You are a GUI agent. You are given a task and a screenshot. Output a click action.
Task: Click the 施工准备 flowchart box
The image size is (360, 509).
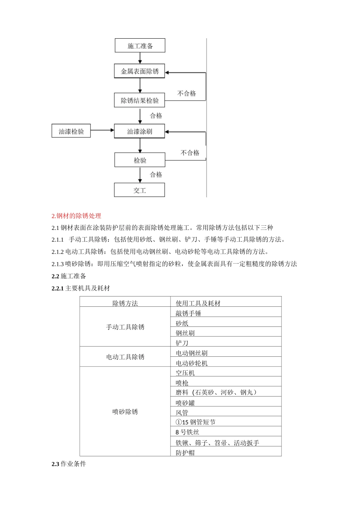pyautogui.click(x=140, y=46)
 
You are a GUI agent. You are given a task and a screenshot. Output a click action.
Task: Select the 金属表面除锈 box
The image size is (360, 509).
pyautogui.click(x=139, y=71)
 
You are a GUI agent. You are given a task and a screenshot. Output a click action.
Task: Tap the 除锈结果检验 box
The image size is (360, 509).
pyautogui.click(x=139, y=100)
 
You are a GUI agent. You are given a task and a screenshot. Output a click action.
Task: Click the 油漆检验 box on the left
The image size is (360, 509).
pyautogui.click(x=71, y=131)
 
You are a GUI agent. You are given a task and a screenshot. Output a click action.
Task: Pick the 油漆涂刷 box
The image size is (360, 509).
pyautogui.click(x=139, y=131)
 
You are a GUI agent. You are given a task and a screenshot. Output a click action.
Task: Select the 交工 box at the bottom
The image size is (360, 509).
pyautogui.click(x=139, y=190)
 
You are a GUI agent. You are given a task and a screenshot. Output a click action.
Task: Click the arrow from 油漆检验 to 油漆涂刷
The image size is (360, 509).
pyautogui.click(x=102, y=130)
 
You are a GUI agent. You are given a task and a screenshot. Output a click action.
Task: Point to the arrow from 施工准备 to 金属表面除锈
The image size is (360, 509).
pyautogui.click(x=140, y=58)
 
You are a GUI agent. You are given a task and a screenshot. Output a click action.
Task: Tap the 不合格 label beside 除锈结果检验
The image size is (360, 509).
pyautogui.click(x=186, y=93)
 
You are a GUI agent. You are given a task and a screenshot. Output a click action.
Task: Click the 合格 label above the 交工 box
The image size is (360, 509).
pyautogui.click(x=156, y=175)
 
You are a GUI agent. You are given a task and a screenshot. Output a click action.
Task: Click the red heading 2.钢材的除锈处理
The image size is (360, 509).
pyautogui.click(x=77, y=216)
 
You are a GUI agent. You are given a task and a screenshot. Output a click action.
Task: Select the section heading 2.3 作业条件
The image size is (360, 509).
pyautogui.click(x=69, y=464)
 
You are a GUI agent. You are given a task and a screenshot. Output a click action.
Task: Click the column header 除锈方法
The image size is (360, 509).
pyautogui.click(x=125, y=303)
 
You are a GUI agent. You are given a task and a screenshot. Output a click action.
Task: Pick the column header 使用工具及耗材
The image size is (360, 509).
pyautogui.click(x=198, y=303)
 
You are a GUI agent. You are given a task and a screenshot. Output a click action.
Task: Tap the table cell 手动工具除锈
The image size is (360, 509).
pyautogui.click(x=125, y=327)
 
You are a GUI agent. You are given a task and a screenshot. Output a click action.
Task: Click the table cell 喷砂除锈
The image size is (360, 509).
pyautogui.click(x=125, y=412)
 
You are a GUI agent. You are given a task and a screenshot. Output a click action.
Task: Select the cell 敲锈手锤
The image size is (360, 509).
pyautogui.click(x=188, y=313)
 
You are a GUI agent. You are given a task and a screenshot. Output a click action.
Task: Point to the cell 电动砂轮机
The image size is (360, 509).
pyautogui.click(x=191, y=363)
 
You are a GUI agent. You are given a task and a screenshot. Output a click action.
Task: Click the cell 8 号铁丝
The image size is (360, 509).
pyautogui.click(x=187, y=432)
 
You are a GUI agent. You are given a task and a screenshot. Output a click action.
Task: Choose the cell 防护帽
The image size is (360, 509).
pyautogui.click(x=185, y=453)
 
